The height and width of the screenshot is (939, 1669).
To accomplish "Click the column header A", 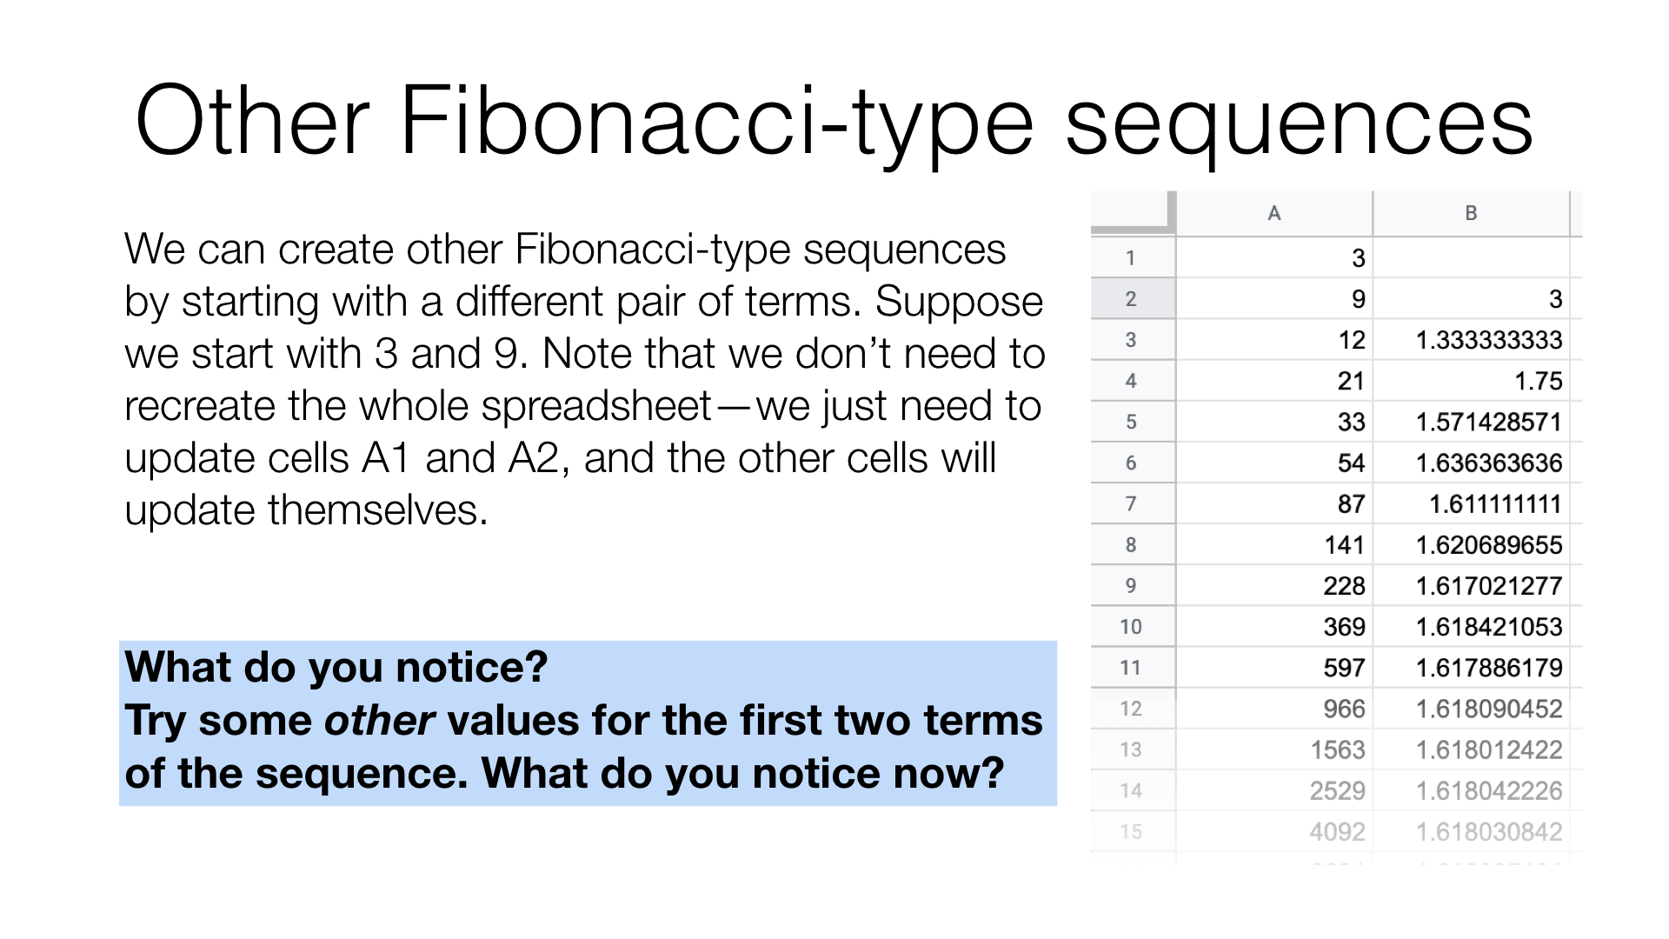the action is coord(1274,213).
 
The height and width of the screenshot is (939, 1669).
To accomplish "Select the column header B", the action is coord(1471,213).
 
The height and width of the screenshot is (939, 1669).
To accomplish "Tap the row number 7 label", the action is coord(1131,504).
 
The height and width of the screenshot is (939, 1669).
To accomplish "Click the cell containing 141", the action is coord(1274,545).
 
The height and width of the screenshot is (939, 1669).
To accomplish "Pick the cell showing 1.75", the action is coord(1471,381).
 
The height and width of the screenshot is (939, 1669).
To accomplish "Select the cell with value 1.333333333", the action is coord(1471,340).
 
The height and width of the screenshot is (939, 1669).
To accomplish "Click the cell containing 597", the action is coord(1274,668).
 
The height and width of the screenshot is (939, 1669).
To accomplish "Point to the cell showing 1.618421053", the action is coord(1471,627).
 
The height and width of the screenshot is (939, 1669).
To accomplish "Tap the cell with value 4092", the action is coord(1274,832).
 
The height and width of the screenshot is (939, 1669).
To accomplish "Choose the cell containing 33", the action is coord(1274,422).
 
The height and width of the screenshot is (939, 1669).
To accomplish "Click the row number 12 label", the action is coord(1131,709).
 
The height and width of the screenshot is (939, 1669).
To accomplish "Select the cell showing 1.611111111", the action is coord(1471,504).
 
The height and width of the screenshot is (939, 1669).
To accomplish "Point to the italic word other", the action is coord(379,721).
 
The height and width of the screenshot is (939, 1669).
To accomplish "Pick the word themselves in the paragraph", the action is coord(378,510).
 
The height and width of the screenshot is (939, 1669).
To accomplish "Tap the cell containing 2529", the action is coord(1274,791).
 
